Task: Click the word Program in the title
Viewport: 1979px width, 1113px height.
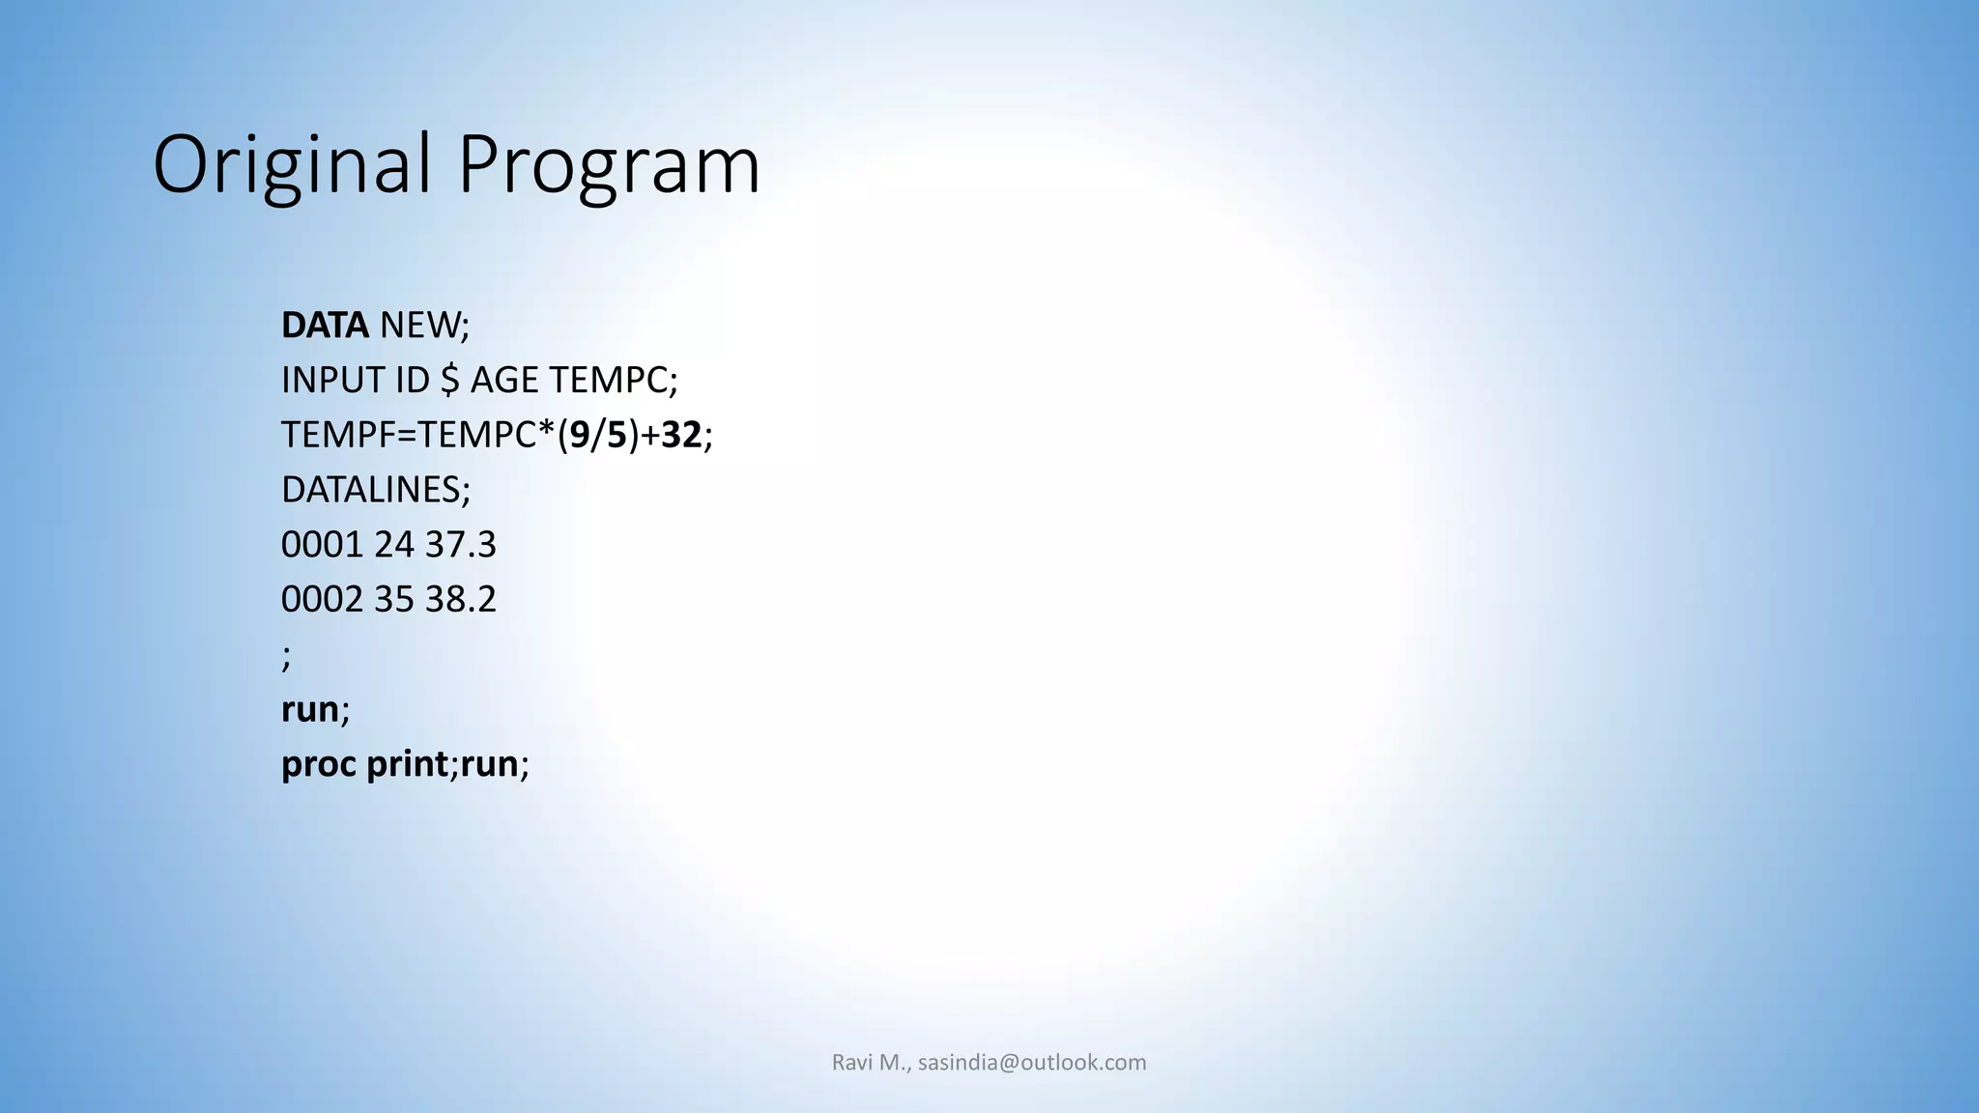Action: pos(609,164)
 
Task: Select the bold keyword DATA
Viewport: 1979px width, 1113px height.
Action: pos(325,326)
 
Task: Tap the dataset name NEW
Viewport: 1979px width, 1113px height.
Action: pos(418,326)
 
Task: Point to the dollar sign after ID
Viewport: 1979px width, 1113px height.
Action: pos(449,381)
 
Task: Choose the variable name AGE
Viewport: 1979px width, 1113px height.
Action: pos(504,381)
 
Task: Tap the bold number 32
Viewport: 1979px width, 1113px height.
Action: pos(681,436)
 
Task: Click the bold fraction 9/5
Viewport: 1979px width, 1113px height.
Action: pos(598,436)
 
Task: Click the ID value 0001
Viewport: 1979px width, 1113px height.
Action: pos(322,545)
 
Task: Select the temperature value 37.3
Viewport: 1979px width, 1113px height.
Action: pos(461,545)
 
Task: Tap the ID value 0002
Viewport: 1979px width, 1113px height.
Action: pos(322,600)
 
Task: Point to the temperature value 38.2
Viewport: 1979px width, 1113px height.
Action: pos(461,600)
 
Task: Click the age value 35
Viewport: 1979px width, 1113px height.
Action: pos(394,600)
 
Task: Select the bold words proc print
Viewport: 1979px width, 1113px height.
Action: pos(364,764)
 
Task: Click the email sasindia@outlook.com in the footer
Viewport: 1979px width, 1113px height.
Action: pos(1032,1063)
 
